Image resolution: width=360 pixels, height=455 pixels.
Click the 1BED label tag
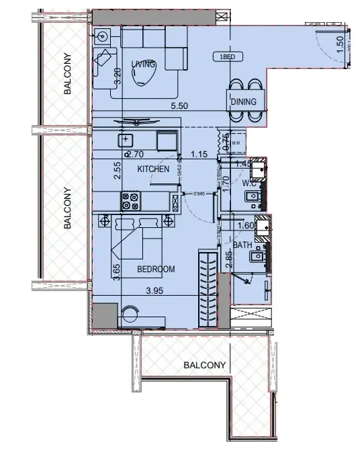[x=226, y=57]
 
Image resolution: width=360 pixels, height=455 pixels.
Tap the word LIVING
[x=143, y=64]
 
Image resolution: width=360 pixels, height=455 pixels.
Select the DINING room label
[x=244, y=102]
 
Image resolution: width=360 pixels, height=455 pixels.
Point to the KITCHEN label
[x=153, y=169]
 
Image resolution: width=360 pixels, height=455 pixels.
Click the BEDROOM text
[x=156, y=269]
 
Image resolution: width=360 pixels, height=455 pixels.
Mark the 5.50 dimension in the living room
[x=179, y=106]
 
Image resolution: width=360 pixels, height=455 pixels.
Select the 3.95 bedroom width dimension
[x=156, y=290]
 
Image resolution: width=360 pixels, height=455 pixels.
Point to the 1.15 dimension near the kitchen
[x=199, y=154]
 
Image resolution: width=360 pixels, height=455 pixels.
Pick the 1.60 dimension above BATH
[x=246, y=226]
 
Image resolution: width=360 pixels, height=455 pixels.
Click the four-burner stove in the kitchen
[x=130, y=202]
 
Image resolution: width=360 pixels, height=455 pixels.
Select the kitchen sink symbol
[x=126, y=140]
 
